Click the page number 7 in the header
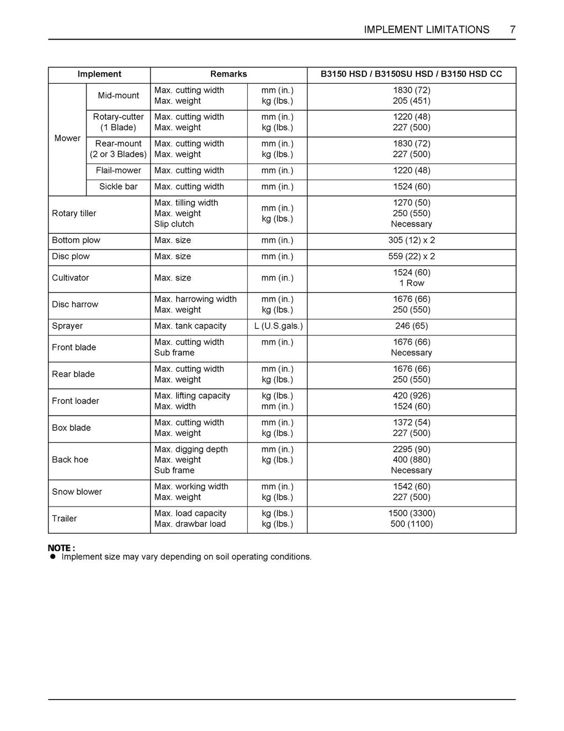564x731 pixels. (512, 30)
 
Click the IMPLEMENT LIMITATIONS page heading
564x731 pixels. (426, 30)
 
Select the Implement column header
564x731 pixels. (99, 74)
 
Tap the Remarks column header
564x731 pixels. (229, 74)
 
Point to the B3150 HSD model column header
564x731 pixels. (411, 74)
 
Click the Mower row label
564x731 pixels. (67, 138)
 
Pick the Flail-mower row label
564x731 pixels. (118, 171)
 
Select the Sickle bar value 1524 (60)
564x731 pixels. (411, 187)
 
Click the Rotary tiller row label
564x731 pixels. (74, 214)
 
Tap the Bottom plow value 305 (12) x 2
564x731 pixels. (411, 240)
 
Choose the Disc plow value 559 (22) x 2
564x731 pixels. (411, 256)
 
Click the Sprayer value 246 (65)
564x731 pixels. (411, 326)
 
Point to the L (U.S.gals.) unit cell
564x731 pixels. (278, 326)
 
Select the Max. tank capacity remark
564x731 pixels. (190, 326)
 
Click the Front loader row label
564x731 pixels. (75, 401)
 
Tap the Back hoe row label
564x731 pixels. (70, 460)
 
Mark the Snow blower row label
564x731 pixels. (77, 492)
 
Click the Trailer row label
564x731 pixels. (64, 519)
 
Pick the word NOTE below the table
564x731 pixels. (59, 548)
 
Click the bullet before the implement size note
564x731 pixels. (53, 557)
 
